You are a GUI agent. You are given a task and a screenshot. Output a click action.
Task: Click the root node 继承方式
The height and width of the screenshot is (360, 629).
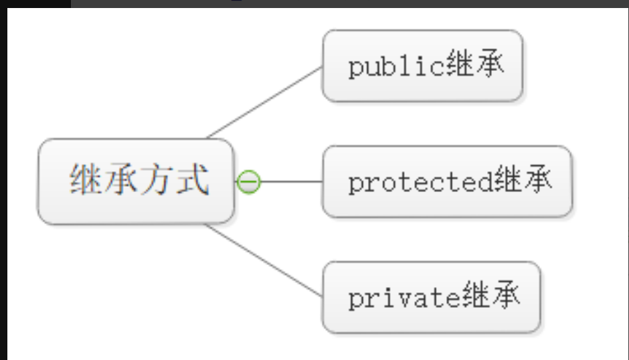click(137, 181)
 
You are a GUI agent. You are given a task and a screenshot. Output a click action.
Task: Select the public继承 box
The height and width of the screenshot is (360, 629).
click(422, 66)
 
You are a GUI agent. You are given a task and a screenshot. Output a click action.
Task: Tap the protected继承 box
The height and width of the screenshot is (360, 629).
click(447, 181)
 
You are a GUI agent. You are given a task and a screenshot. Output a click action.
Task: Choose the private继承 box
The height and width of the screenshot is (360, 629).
click(431, 297)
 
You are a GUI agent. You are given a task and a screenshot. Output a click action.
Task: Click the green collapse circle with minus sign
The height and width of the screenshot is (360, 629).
click(249, 181)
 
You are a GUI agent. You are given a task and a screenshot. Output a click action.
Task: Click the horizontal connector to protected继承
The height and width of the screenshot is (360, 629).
click(291, 181)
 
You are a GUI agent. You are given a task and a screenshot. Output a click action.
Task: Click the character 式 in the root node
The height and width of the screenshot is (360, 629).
click(193, 180)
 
